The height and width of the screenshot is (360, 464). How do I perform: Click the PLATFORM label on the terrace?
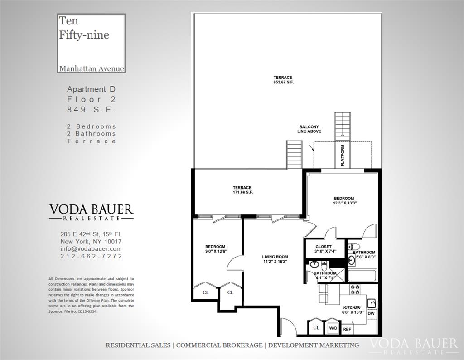pyautogui.click(x=343, y=156)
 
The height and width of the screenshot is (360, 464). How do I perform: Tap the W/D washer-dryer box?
pyautogui.click(x=333, y=328)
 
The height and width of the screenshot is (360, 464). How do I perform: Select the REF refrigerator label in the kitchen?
pyautogui.click(x=347, y=329)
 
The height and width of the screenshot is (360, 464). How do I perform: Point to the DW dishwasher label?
pyautogui.click(x=371, y=313)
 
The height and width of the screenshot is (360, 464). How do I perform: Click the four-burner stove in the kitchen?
pyautogui.click(x=355, y=289)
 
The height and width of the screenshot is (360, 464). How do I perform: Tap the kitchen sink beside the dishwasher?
pyautogui.click(x=372, y=303)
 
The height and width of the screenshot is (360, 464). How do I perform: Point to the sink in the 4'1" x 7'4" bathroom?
pyautogui.click(x=314, y=264)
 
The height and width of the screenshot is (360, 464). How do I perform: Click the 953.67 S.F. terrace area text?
pyautogui.click(x=284, y=82)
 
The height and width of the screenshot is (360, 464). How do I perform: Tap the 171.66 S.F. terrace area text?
pyautogui.click(x=243, y=192)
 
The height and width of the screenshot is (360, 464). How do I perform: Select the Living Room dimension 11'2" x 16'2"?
pyautogui.click(x=275, y=262)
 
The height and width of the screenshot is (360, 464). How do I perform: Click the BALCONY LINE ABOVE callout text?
pyautogui.click(x=309, y=129)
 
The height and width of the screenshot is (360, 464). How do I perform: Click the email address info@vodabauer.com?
pyautogui.click(x=91, y=248)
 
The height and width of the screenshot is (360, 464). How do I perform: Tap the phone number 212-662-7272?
pyautogui.click(x=91, y=256)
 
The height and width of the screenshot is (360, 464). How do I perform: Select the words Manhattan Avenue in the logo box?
pyautogui.click(x=92, y=68)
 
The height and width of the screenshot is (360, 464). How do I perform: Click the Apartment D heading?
pyautogui.click(x=91, y=89)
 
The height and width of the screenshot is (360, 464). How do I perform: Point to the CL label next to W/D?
pyautogui.click(x=316, y=327)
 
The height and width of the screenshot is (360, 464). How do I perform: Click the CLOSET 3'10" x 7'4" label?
pyautogui.click(x=324, y=249)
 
